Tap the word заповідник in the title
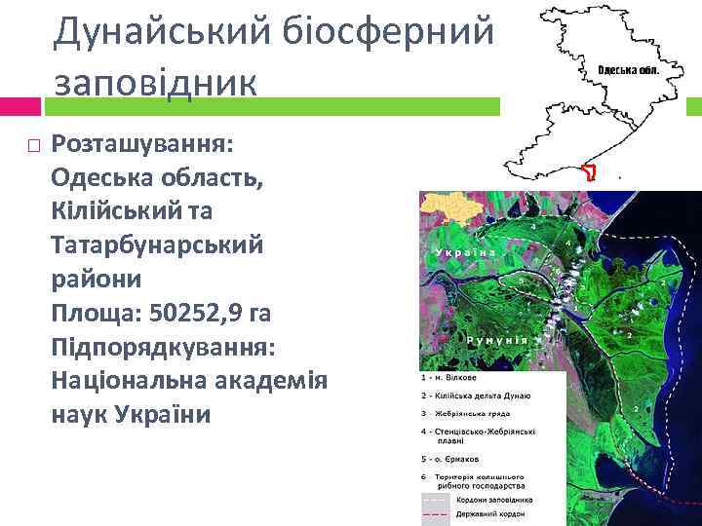click(156, 81)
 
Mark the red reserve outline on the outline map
click(588, 173)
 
